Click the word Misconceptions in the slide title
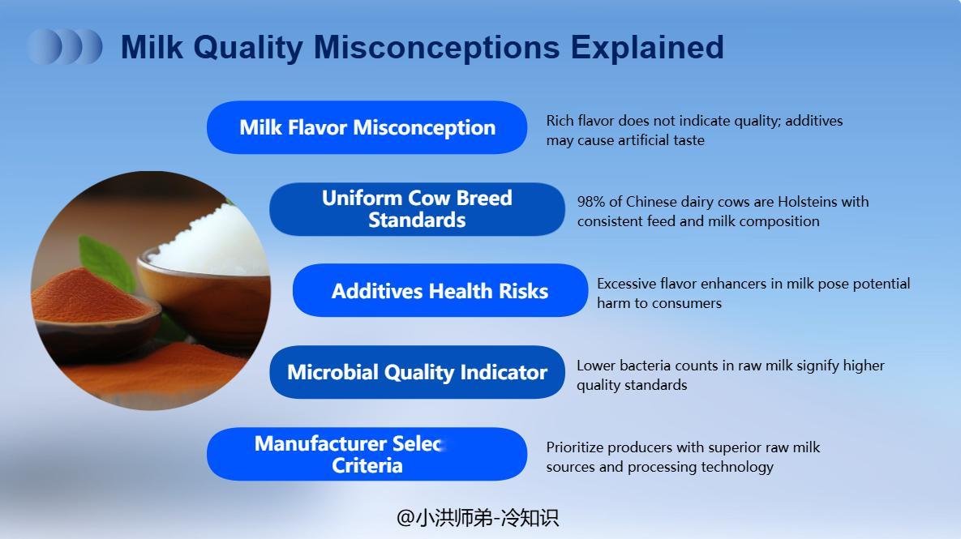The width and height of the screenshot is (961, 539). click(x=436, y=48)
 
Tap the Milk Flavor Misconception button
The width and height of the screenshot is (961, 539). click(x=367, y=127)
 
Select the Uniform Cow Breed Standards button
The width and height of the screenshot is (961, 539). click(x=417, y=209)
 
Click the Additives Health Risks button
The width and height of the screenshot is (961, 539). click(x=440, y=290)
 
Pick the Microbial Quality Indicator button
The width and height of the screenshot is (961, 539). click(x=417, y=372)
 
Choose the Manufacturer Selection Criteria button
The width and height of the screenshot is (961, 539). click(x=367, y=454)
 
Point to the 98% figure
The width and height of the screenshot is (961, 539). click(x=591, y=202)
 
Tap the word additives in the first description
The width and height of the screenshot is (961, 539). click(x=814, y=121)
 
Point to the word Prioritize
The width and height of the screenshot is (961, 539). click(x=575, y=447)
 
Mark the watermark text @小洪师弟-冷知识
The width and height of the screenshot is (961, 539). click(x=478, y=518)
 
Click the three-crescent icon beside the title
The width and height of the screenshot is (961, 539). click(x=65, y=46)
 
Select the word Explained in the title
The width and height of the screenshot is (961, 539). click(x=647, y=48)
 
